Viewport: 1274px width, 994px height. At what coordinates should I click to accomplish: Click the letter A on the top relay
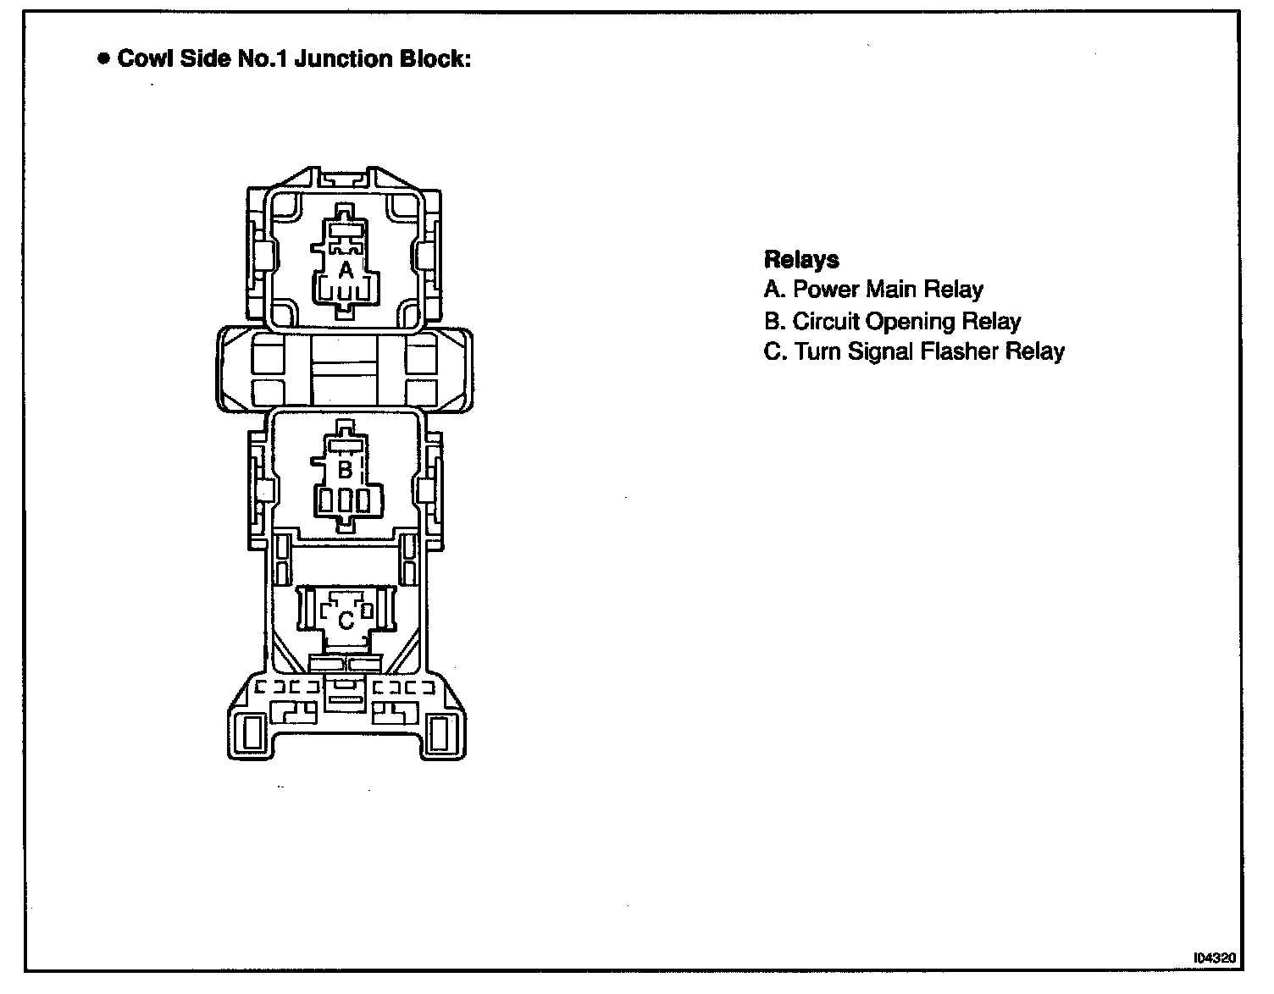click(346, 270)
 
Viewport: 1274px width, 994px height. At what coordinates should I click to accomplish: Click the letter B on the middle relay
click(345, 469)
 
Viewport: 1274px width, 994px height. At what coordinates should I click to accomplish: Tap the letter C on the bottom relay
click(346, 621)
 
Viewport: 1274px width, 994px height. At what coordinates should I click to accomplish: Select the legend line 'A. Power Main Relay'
click(873, 290)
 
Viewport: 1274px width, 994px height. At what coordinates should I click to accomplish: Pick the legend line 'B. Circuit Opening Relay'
click(892, 322)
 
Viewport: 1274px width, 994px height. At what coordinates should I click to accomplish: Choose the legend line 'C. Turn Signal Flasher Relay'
click(914, 352)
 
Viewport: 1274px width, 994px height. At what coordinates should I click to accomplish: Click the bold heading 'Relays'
click(801, 259)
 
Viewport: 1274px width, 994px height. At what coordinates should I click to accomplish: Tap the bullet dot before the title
click(103, 59)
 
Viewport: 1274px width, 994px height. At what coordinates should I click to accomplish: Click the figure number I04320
click(1215, 958)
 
